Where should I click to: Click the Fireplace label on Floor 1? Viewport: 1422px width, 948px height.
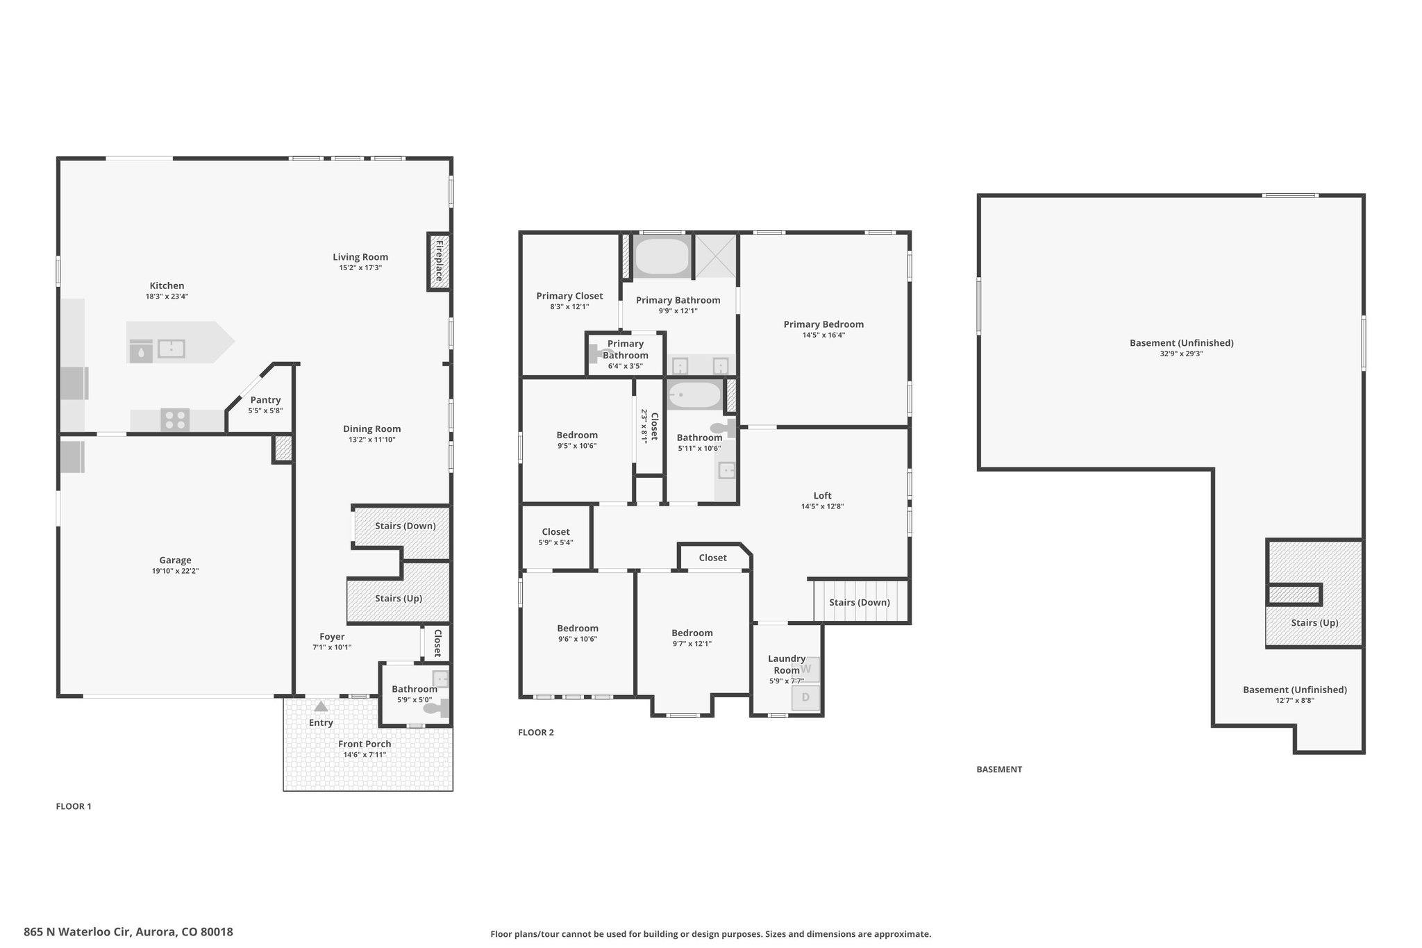point(439,260)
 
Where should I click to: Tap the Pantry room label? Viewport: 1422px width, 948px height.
point(265,400)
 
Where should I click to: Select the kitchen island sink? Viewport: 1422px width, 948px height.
point(171,349)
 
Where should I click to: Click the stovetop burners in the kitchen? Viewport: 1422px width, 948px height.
point(175,420)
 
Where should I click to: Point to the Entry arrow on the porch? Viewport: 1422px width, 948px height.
point(321,707)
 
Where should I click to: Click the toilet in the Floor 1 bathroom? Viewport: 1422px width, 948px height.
point(437,708)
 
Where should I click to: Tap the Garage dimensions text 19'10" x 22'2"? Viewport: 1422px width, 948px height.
point(176,571)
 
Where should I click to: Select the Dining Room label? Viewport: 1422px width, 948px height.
point(372,429)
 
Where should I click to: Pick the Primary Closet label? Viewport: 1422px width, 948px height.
point(569,296)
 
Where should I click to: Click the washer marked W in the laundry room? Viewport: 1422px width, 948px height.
point(806,670)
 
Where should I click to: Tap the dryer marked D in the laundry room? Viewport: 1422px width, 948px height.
point(806,697)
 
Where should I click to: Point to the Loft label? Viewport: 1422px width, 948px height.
point(823,496)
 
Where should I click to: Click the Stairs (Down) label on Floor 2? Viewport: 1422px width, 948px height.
point(860,602)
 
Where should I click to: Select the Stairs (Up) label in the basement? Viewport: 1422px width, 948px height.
point(1315,622)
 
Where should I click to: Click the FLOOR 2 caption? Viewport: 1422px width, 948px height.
point(536,732)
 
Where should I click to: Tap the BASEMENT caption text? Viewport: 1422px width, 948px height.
point(999,770)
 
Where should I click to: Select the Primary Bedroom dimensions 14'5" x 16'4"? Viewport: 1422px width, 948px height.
point(823,335)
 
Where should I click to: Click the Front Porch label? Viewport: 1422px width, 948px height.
point(365,744)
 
